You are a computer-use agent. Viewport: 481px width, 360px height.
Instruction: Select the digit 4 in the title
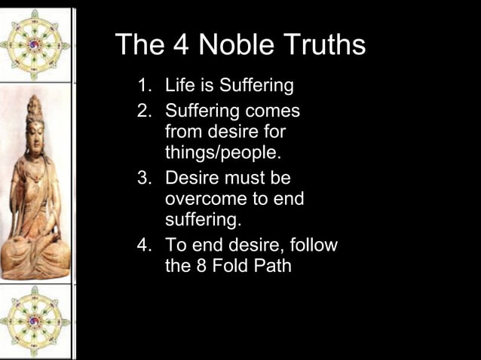click(x=179, y=45)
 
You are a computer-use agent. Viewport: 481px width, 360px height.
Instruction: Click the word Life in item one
click(x=179, y=86)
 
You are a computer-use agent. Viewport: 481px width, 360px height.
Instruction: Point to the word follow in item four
click(x=311, y=246)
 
